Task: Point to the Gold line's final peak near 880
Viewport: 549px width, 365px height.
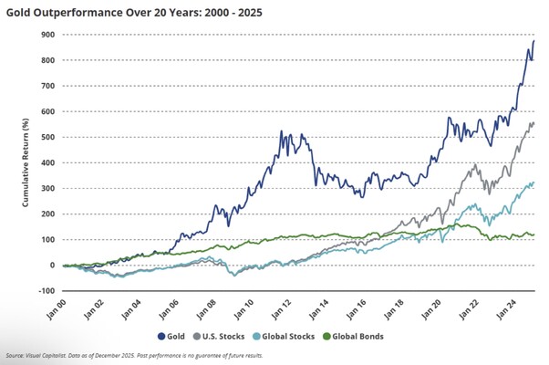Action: (534, 41)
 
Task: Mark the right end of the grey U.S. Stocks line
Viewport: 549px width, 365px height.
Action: (533, 123)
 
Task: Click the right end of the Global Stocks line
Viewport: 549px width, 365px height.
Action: (534, 182)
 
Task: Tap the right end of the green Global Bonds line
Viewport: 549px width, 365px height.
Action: (534, 235)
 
